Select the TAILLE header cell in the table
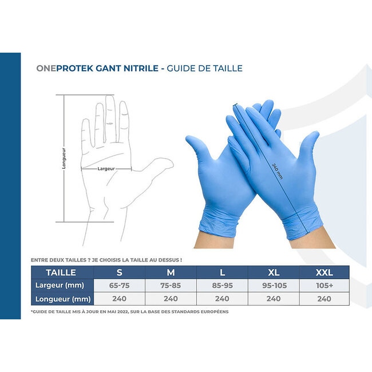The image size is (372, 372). (x=61, y=272)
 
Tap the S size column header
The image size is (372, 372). (x=119, y=272)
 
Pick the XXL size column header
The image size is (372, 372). (x=324, y=272)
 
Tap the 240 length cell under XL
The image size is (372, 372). (x=273, y=298)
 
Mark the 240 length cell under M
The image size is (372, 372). (x=171, y=298)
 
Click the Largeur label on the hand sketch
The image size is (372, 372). (x=106, y=169)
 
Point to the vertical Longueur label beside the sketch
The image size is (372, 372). (x=64, y=158)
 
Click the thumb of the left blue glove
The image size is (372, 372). (x=195, y=149)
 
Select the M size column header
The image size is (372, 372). (x=171, y=272)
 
